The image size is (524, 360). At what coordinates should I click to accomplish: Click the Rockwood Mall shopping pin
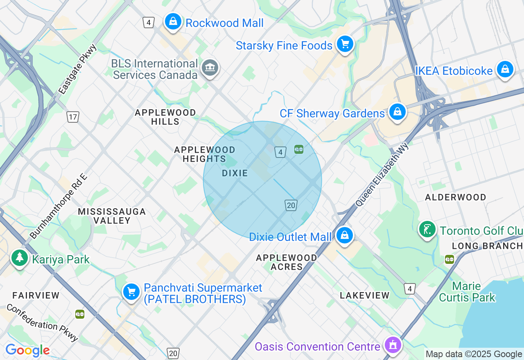(x=173, y=21)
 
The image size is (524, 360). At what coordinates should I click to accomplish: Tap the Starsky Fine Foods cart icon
(x=345, y=44)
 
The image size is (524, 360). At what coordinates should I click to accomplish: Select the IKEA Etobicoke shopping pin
(x=505, y=70)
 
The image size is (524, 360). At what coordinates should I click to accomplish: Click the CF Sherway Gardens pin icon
(x=397, y=112)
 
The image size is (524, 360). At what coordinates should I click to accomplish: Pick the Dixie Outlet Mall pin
(x=344, y=235)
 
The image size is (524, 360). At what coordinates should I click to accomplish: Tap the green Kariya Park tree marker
(x=19, y=258)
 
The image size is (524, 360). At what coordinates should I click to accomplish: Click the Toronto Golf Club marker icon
(x=427, y=229)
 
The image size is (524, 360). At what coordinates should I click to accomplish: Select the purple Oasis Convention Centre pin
(x=393, y=345)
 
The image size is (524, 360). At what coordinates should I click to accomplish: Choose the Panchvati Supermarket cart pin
(x=131, y=292)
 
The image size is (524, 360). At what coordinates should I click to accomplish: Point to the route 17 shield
(x=73, y=117)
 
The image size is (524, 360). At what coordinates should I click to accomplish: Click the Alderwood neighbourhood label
(x=455, y=197)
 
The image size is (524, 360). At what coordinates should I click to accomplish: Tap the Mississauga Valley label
(x=112, y=216)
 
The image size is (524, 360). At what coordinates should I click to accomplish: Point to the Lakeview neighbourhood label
(x=364, y=295)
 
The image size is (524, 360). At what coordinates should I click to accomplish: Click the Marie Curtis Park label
(x=467, y=292)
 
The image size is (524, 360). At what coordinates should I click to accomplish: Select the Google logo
(x=27, y=351)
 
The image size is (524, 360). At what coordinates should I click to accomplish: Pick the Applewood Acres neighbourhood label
(x=287, y=262)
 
